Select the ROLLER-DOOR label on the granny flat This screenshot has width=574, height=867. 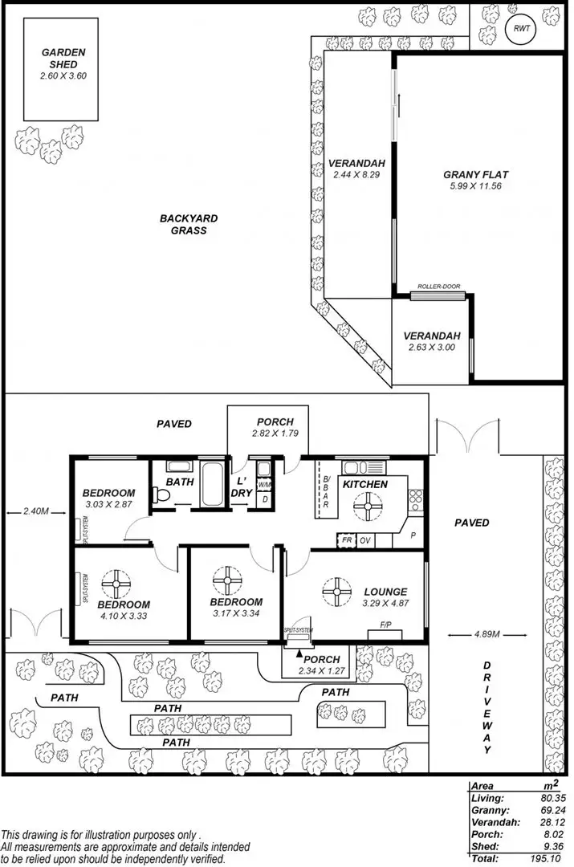click(x=438, y=287)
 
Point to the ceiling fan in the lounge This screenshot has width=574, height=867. click(x=337, y=592)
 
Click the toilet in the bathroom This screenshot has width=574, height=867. click(x=163, y=498)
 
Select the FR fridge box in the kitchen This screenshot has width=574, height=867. click(x=347, y=540)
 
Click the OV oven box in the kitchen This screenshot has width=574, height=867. click(x=366, y=540)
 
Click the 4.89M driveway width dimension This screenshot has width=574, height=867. click(x=471, y=636)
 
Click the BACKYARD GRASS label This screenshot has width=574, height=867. click(x=189, y=224)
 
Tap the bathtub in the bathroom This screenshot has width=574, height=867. click(x=212, y=486)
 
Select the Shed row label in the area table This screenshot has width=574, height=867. click(x=485, y=846)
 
